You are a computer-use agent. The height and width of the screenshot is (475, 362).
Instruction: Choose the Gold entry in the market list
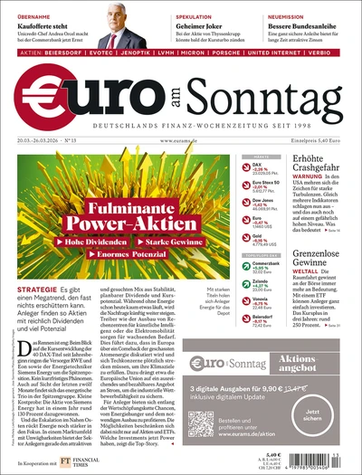[x=262, y=238]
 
